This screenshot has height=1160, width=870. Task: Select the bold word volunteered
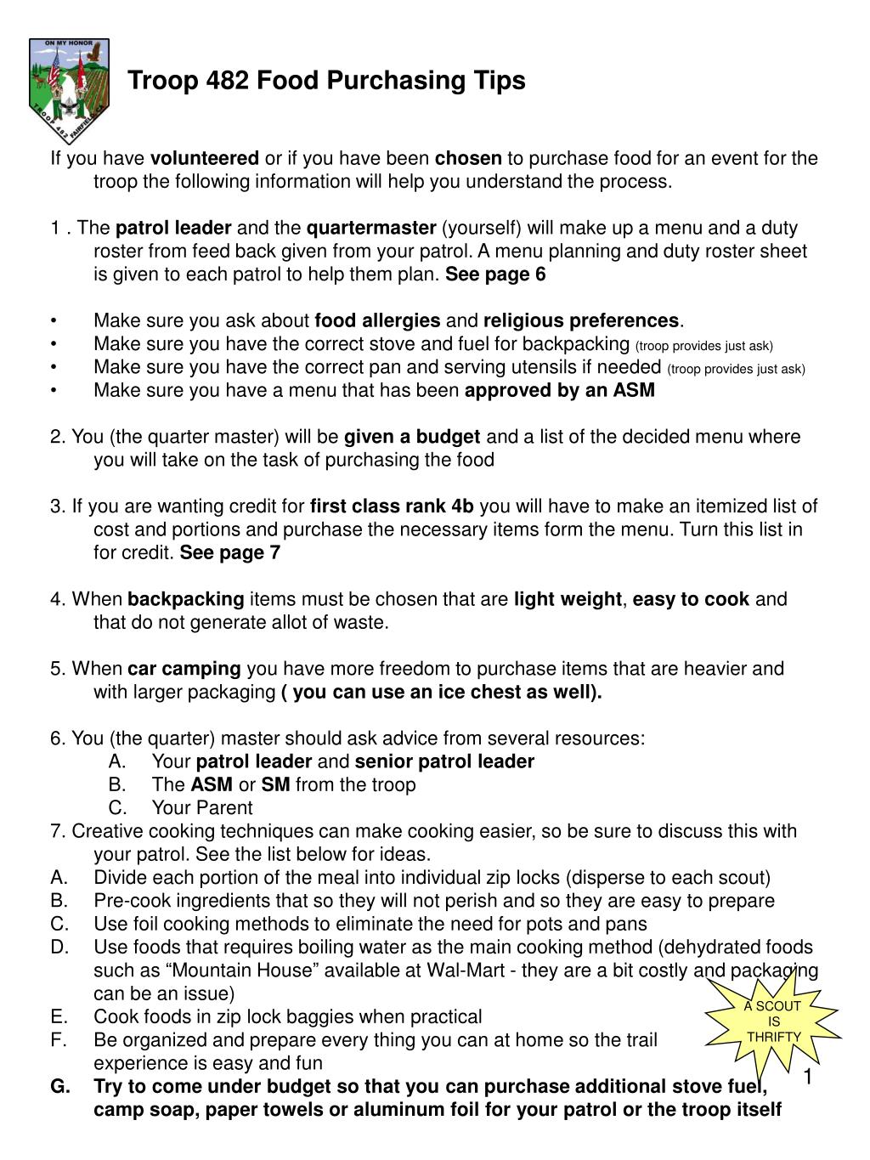tap(205, 158)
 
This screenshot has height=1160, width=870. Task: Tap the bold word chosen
tap(468, 158)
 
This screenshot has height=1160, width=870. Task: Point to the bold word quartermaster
tap(371, 228)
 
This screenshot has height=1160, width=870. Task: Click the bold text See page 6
tap(495, 274)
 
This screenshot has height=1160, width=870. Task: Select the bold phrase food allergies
tap(377, 320)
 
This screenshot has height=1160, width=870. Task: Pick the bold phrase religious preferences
tap(581, 320)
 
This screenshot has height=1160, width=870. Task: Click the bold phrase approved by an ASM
tap(560, 390)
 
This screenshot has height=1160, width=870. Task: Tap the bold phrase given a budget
tap(412, 437)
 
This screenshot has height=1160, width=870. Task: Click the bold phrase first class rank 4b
tap(392, 506)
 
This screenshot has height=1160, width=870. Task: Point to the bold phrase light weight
tap(568, 599)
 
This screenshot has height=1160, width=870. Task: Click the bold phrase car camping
tap(184, 669)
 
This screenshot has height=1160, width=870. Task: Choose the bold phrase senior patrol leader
tap(444, 761)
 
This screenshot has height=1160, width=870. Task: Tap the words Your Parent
tap(202, 807)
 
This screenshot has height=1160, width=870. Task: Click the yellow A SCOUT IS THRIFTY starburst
tap(773, 1021)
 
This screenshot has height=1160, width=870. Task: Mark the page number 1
tap(809, 1078)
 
